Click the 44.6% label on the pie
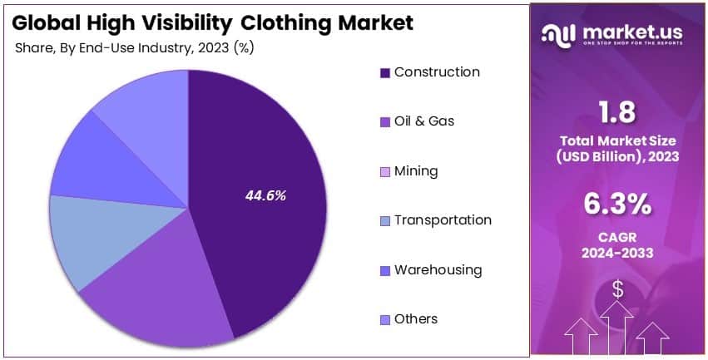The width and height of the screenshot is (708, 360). pos(265,196)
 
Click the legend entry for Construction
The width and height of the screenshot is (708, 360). pos(436,72)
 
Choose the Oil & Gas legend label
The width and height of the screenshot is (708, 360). pos(423,121)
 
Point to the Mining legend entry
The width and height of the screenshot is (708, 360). pos(415,171)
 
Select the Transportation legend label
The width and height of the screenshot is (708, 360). pos(443,220)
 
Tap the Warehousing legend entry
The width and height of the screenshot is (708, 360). pos(438,270)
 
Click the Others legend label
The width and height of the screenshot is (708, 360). pos(415,319)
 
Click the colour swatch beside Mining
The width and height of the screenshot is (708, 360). pos(384,172)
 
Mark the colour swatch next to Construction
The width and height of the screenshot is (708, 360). pos(384,73)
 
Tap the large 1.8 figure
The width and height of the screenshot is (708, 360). pos(617,113)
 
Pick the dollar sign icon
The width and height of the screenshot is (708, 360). pos(617,288)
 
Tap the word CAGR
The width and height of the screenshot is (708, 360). pos(617,238)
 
